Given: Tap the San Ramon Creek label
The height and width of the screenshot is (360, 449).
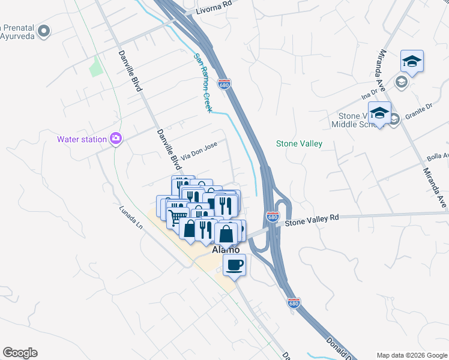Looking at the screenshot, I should [202, 83].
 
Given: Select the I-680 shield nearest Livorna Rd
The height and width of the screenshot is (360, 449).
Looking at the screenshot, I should [224, 84].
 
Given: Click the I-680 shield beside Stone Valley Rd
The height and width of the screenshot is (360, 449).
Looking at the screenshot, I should [273, 217].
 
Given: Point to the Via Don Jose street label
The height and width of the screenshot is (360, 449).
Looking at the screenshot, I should [199, 148].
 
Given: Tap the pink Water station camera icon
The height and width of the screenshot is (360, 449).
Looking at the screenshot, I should [116, 139].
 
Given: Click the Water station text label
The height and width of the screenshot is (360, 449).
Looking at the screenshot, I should [82, 140].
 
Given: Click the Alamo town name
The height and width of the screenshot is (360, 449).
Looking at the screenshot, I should [226, 250].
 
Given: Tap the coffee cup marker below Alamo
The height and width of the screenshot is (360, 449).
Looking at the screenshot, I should [234, 264].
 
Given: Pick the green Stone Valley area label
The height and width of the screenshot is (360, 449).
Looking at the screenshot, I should [299, 143].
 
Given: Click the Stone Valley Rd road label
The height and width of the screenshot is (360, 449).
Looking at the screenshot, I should [312, 221].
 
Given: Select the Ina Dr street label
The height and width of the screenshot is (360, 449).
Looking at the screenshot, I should [369, 94].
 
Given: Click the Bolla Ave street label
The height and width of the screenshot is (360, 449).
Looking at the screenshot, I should [437, 158].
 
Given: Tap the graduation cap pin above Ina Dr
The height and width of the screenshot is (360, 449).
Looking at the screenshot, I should [412, 61].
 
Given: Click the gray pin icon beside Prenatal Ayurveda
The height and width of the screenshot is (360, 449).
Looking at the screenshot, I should [43, 30].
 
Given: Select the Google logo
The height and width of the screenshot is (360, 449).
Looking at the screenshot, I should [20, 353].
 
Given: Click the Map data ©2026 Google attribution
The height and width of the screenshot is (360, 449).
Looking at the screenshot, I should [411, 355].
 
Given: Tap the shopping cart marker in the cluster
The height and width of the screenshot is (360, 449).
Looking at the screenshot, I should [177, 218].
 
